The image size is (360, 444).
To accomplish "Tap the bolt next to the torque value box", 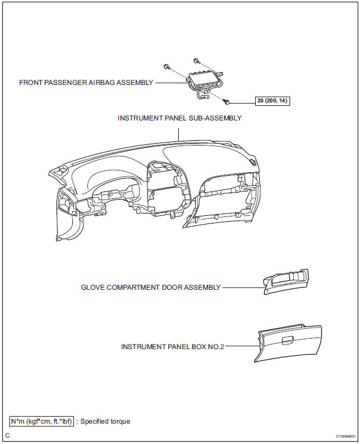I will (229, 101).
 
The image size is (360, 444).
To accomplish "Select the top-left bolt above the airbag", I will (167, 66).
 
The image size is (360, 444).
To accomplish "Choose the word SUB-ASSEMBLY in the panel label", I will (216, 118).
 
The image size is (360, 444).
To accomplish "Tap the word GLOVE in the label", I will (93, 287).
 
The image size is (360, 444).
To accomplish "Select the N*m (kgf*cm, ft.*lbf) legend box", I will (41, 421).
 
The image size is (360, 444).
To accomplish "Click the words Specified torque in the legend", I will (105, 421).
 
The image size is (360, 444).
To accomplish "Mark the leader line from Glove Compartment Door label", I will (241, 287).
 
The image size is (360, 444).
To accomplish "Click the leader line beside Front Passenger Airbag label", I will (170, 83).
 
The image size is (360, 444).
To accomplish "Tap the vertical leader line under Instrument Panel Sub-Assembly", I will (179, 133).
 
